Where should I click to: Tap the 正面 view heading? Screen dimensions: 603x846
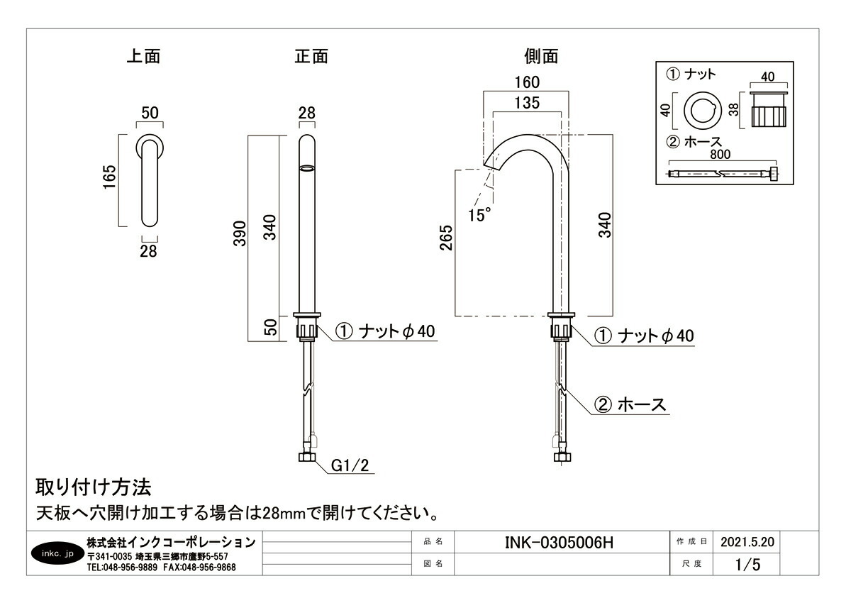click(311, 57)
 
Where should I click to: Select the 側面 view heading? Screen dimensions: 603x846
click(541, 57)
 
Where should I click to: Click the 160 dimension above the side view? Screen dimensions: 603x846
click(527, 82)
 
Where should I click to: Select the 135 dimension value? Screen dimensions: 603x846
click(527, 102)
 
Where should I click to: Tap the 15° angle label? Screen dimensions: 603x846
click(479, 214)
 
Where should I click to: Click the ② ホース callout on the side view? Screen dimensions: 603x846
click(630, 405)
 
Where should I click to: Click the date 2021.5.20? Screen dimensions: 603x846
click(747, 542)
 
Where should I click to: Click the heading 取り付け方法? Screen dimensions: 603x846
click(94, 487)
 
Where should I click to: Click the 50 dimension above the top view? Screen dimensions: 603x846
click(150, 113)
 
